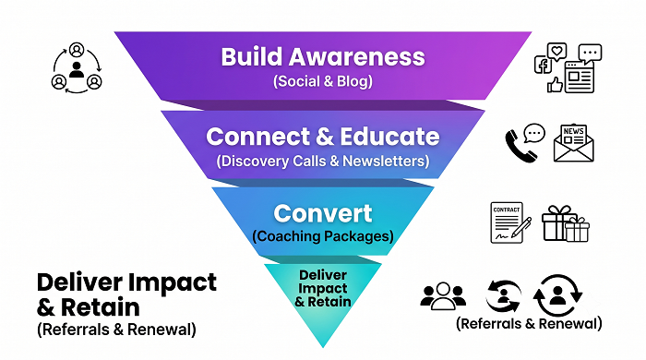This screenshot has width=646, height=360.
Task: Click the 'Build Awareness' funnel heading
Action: click(323, 56)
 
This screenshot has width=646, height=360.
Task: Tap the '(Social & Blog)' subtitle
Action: click(323, 81)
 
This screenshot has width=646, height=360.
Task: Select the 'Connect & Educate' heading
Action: click(323, 137)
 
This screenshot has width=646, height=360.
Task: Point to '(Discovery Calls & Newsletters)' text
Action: click(323, 161)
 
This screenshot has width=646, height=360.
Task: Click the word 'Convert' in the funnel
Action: click(323, 213)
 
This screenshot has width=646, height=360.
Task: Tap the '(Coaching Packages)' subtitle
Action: click(323, 236)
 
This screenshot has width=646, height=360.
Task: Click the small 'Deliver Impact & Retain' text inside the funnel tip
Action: click(323, 288)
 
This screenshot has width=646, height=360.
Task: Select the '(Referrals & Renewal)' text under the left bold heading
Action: click(116, 330)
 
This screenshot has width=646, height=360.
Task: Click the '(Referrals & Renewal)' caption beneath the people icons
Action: click(529, 323)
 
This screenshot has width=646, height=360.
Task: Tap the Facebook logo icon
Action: click(543, 66)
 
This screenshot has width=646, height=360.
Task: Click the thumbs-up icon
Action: click(555, 85)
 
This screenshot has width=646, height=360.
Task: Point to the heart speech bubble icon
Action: click(557, 52)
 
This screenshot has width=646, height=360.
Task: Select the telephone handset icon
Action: click(520, 146)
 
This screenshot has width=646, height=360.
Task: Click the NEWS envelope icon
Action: click(573, 143)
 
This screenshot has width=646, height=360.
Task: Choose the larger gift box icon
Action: click(557, 222)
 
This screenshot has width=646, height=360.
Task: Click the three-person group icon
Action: click(443, 295)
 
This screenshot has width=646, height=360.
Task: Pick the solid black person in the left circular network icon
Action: click(77, 69)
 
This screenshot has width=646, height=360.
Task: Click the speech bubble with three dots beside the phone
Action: click(534, 134)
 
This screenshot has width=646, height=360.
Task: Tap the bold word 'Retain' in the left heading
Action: click(100, 307)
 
